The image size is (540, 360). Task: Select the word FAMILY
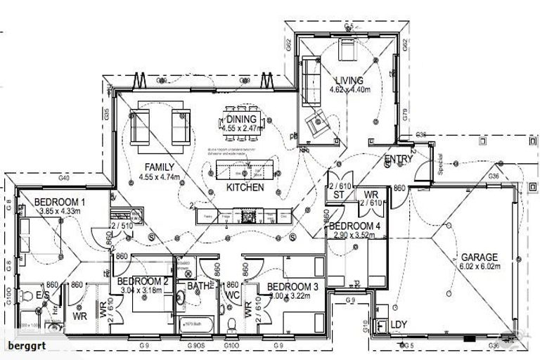click(x=160, y=167)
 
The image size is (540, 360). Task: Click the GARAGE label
click(x=480, y=257)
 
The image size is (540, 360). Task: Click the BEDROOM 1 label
click(x=59, y=202)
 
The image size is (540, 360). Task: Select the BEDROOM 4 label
click(x=355, y=226)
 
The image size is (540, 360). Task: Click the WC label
click(x=233, y=295)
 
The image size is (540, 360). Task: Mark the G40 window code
click(x=65, y=179)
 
